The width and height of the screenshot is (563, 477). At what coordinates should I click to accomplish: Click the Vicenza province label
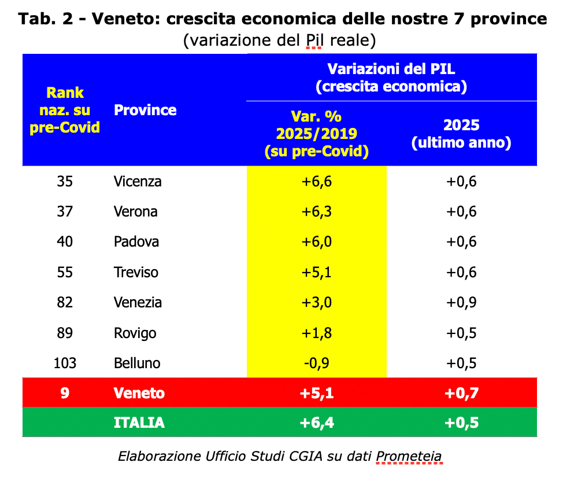(138, 181)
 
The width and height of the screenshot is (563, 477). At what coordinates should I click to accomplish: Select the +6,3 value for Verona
(316, 211)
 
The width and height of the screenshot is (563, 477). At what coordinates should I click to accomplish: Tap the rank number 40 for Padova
(65, 241)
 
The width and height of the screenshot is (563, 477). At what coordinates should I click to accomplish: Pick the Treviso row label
(136, 272)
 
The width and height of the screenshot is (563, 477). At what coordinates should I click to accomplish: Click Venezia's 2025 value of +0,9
(461, 302)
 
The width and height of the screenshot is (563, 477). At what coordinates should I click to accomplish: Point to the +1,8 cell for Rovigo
(316, 333)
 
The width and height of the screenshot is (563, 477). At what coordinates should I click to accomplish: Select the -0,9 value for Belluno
(316, 363)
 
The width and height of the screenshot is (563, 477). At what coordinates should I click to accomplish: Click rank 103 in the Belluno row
(65, 363)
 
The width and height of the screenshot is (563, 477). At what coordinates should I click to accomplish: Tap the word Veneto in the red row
(139, 393)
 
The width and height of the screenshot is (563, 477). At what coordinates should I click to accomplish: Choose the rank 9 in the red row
(65, 393)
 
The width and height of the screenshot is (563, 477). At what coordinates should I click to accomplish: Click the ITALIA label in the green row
(139, 423)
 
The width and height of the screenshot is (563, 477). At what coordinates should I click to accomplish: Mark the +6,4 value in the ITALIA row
(316, 423)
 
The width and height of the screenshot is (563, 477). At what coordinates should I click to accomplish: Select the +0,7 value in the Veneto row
(461, 393)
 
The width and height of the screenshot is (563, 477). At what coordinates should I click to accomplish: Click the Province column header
(145, 110)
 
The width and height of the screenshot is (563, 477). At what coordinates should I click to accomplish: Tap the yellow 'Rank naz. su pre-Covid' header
(65, 110)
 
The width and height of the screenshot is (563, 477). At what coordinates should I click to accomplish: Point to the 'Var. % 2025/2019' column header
(316, 134)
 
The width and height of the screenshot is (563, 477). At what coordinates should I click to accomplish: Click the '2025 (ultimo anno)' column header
(461, 134)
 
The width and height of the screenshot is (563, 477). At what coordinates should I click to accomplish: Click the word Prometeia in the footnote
(409, 456)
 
